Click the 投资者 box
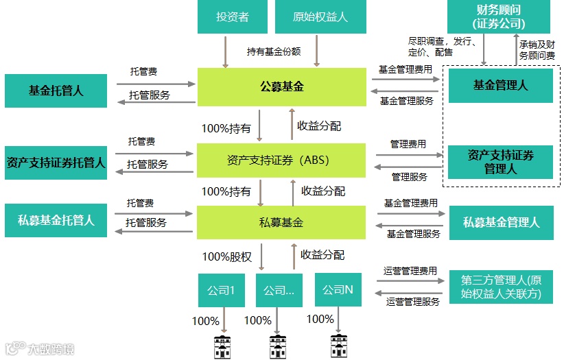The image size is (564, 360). click(x=232, y=17)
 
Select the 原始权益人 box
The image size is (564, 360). click(x=320, y=17)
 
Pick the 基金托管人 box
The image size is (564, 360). click(x=56, y=91)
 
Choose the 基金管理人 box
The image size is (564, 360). click(x=500, y=86)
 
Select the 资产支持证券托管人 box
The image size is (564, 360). click(x=56, y=163)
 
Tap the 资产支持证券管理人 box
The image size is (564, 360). click(x=500, y=161)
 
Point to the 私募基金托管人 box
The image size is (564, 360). click(x=56, y=221)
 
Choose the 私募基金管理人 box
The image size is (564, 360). click(x=501, y=222)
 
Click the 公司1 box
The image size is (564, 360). click(x=221, y=290)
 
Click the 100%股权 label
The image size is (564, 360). click(x=226, y=257)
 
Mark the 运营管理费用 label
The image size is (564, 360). click(x=410, y=272)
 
